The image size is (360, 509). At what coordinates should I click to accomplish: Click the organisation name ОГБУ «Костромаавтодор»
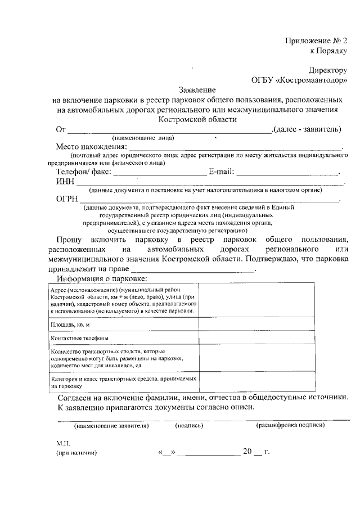tap(299, 80)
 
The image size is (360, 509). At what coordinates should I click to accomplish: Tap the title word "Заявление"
tap(197, 90)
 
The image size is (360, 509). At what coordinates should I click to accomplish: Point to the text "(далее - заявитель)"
tap(306, 129)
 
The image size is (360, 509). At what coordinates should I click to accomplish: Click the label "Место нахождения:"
tap(91, 147)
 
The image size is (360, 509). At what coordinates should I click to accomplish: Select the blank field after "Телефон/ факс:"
tap(160, 172)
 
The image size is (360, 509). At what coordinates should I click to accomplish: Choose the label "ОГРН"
tap(67, 199)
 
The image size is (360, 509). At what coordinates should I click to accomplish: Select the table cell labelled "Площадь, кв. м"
tap(70, 325)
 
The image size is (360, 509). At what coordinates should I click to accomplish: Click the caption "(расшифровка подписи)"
tap(290, 426)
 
